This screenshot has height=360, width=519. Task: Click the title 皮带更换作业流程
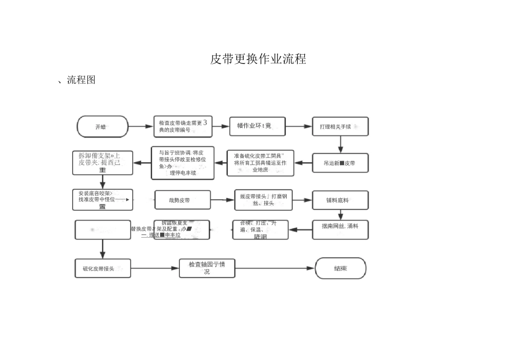click(258, 59)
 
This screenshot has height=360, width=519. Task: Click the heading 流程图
click(81, 80)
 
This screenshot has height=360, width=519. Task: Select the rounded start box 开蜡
click(102, 127)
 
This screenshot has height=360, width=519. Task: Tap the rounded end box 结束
click(340, 268)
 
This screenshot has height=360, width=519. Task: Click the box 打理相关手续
click(340, 127)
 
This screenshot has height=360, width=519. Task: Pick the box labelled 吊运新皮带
click(340, 163)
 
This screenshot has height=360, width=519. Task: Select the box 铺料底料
click(340, 200)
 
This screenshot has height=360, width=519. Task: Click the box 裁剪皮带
click(182, 200)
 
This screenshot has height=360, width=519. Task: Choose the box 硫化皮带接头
click(102, 268)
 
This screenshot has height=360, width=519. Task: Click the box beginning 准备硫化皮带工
click(260, 163)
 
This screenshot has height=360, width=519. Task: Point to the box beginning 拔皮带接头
click(264, 200)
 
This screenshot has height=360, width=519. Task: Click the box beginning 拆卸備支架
click(102, 163)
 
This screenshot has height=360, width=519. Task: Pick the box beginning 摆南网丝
click(340, 229)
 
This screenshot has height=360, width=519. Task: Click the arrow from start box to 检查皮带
click(140, 127)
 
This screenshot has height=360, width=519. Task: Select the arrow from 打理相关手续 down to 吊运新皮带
click(340, 144)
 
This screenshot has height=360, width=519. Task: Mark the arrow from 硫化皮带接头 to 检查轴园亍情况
click(155, 268)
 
